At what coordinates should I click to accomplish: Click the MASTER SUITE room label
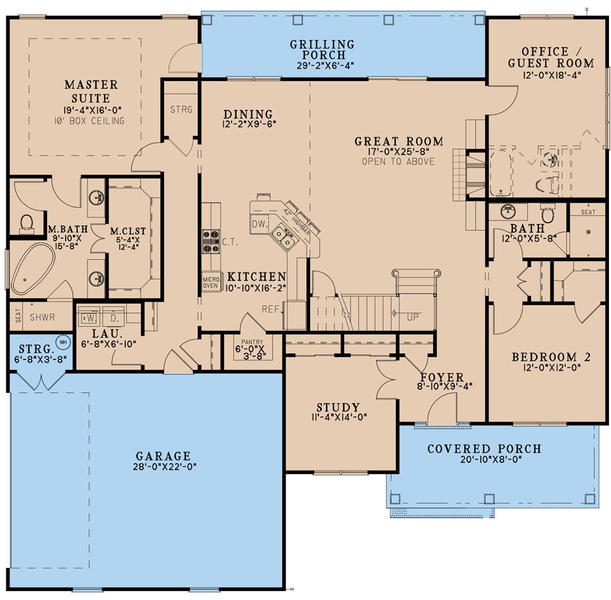tap(91, 91)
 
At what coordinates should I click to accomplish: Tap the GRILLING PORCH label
tap(322, 50)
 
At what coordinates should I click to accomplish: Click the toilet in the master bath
tap(26, 223)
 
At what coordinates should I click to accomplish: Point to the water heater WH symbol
tap(63, 341)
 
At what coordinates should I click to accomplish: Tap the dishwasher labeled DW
tap(259, 224)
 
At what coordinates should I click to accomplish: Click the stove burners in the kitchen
tap(211, 241)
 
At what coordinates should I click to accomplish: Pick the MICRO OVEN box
tap(210, 282)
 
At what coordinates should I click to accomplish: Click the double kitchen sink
tap(283, 238)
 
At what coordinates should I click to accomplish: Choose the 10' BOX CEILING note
tap(91, 121)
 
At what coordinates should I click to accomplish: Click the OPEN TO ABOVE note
tap(398, 161)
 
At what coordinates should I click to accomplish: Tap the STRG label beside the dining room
tap(181, 109)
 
